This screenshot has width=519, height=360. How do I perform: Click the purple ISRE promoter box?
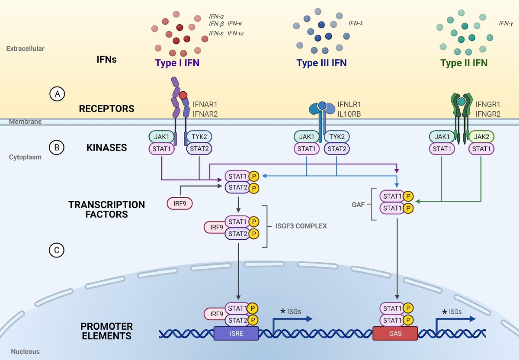tap(236, 334)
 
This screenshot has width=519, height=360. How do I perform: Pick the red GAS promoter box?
tap(395, 334)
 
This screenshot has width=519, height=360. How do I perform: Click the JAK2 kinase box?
tap(481, 137)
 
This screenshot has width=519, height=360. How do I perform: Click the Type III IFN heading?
tap(321, 63)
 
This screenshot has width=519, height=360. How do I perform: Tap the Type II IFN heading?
tap(464, 63)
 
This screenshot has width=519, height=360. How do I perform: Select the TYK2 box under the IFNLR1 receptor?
tap(336, 137)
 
